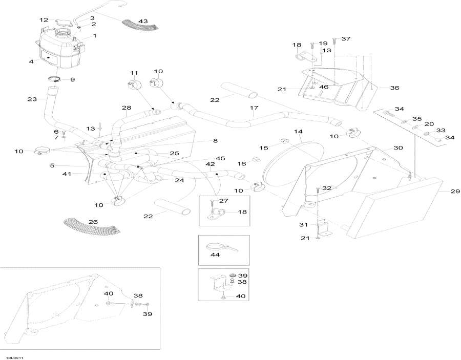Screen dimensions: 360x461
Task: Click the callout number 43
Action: click(x=143, y=21)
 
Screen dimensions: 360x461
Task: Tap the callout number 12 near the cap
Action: click(x=44, y=20)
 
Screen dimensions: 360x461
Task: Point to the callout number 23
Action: click(x=32, y=99)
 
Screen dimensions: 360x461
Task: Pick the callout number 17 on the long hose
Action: click(x=254, y=108)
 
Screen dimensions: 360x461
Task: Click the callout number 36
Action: click(x=394, y=88)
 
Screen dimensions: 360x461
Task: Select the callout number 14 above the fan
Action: click(x=298, y=132)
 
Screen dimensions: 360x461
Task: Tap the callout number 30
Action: click(x=399, y=147)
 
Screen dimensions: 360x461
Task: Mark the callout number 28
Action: click(x=127, y=108)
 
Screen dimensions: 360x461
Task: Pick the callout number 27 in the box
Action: click(x=223, y=201)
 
